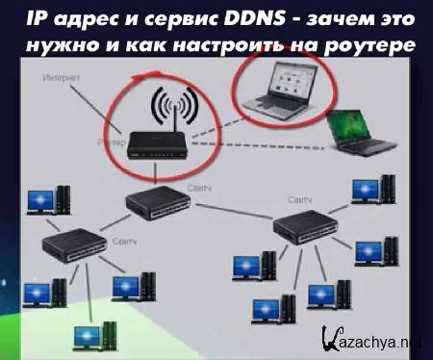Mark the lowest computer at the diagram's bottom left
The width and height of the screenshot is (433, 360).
coord(92,336)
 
